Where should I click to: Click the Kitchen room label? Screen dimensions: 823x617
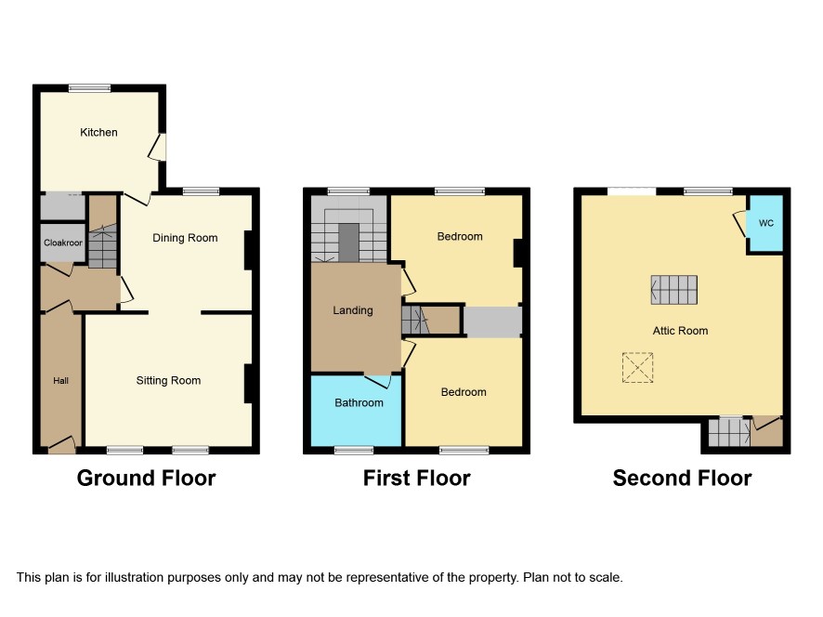coord(98,132)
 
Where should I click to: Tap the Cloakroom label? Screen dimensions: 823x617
coord(63,243)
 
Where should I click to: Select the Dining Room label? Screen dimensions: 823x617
coord(185,238)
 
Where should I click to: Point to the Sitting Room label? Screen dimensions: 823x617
coord(168,381)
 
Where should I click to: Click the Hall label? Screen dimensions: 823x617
coord(61,381)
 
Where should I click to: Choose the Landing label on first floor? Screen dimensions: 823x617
coord(353,310)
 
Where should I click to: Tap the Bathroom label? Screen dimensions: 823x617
coord(359,402)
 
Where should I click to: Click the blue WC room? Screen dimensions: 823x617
coord(765,223)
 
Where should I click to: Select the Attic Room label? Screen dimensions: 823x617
coord(680,331)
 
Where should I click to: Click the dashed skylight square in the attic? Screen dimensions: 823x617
coord(638,368)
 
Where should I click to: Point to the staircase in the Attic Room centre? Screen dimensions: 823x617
coord(674,290)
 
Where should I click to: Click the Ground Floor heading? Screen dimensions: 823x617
coord(147,479)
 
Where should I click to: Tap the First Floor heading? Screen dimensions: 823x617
coord(417,479)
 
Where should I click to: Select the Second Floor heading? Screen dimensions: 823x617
coord(683,479)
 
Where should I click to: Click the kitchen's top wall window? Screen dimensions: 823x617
coord(89,88)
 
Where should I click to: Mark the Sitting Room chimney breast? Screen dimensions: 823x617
coord(249,384)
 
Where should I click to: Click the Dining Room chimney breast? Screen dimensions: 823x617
coord(249,251)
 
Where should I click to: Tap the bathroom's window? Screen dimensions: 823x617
coord(354,450)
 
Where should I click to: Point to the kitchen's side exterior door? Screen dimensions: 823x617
coord(159,147)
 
